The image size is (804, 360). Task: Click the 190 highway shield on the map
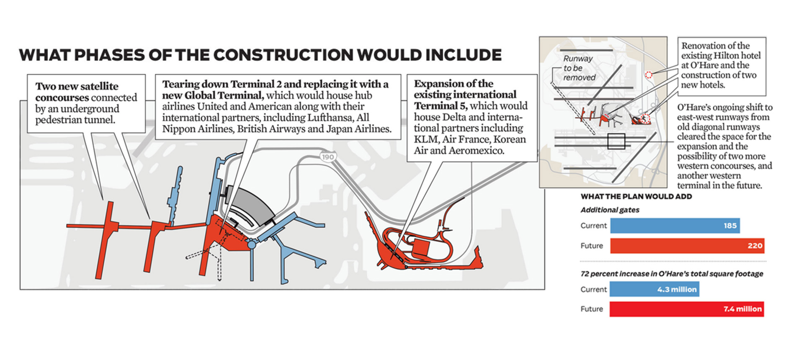[x=327, y=157]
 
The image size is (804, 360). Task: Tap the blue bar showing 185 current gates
[x=675, y=226]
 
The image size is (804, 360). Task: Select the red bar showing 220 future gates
[x=687, y=246]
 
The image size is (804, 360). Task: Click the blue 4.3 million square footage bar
[x=655, y=289]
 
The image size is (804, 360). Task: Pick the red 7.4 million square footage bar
[x=687, y=309]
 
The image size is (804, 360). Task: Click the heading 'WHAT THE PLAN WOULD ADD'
[x=636, y=196]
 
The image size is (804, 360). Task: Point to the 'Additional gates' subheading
[x=610, y=210]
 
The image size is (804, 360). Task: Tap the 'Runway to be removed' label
[x=578, y=68]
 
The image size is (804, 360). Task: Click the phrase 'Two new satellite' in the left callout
[x=77, y=86]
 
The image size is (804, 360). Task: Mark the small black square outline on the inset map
[x=616, y=141]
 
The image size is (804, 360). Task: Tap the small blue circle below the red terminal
[x=251, y=244]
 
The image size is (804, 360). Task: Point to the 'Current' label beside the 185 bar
[x=593, y=226]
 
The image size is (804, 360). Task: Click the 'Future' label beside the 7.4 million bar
[x=592, y=309]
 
